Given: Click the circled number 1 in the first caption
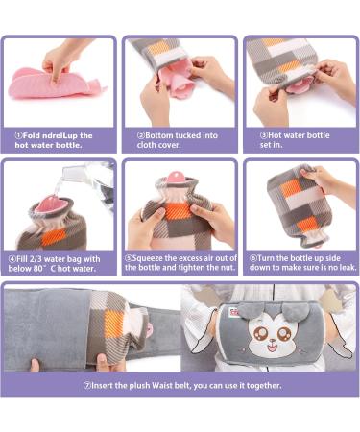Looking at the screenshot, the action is coord(19,135).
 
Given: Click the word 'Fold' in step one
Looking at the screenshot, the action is coord(31,135).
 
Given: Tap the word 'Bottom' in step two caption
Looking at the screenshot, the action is coord(157,135).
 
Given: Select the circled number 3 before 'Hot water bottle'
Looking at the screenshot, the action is coord(264,135).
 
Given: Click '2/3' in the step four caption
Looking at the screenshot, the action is coord(36,259).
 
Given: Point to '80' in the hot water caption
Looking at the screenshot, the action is coord(37,269).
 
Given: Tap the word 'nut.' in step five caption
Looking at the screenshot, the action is coord(228,268).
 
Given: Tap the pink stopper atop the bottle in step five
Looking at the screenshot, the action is coord(176,176).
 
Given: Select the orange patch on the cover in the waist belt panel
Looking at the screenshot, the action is coord(114,324).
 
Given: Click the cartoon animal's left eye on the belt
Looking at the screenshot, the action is coord(258,334).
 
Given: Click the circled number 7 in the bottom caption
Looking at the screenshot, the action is coord(86,386).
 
